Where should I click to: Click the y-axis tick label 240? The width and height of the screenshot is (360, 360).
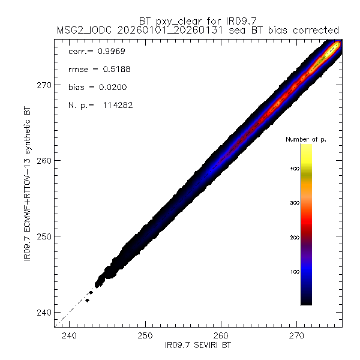[44, 312]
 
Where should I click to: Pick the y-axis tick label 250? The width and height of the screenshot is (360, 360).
[44, 236]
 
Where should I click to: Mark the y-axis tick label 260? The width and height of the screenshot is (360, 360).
[44, 161]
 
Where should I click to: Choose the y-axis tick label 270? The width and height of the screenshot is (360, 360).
[44, 85]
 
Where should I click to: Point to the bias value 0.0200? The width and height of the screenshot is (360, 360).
[112, 88]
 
